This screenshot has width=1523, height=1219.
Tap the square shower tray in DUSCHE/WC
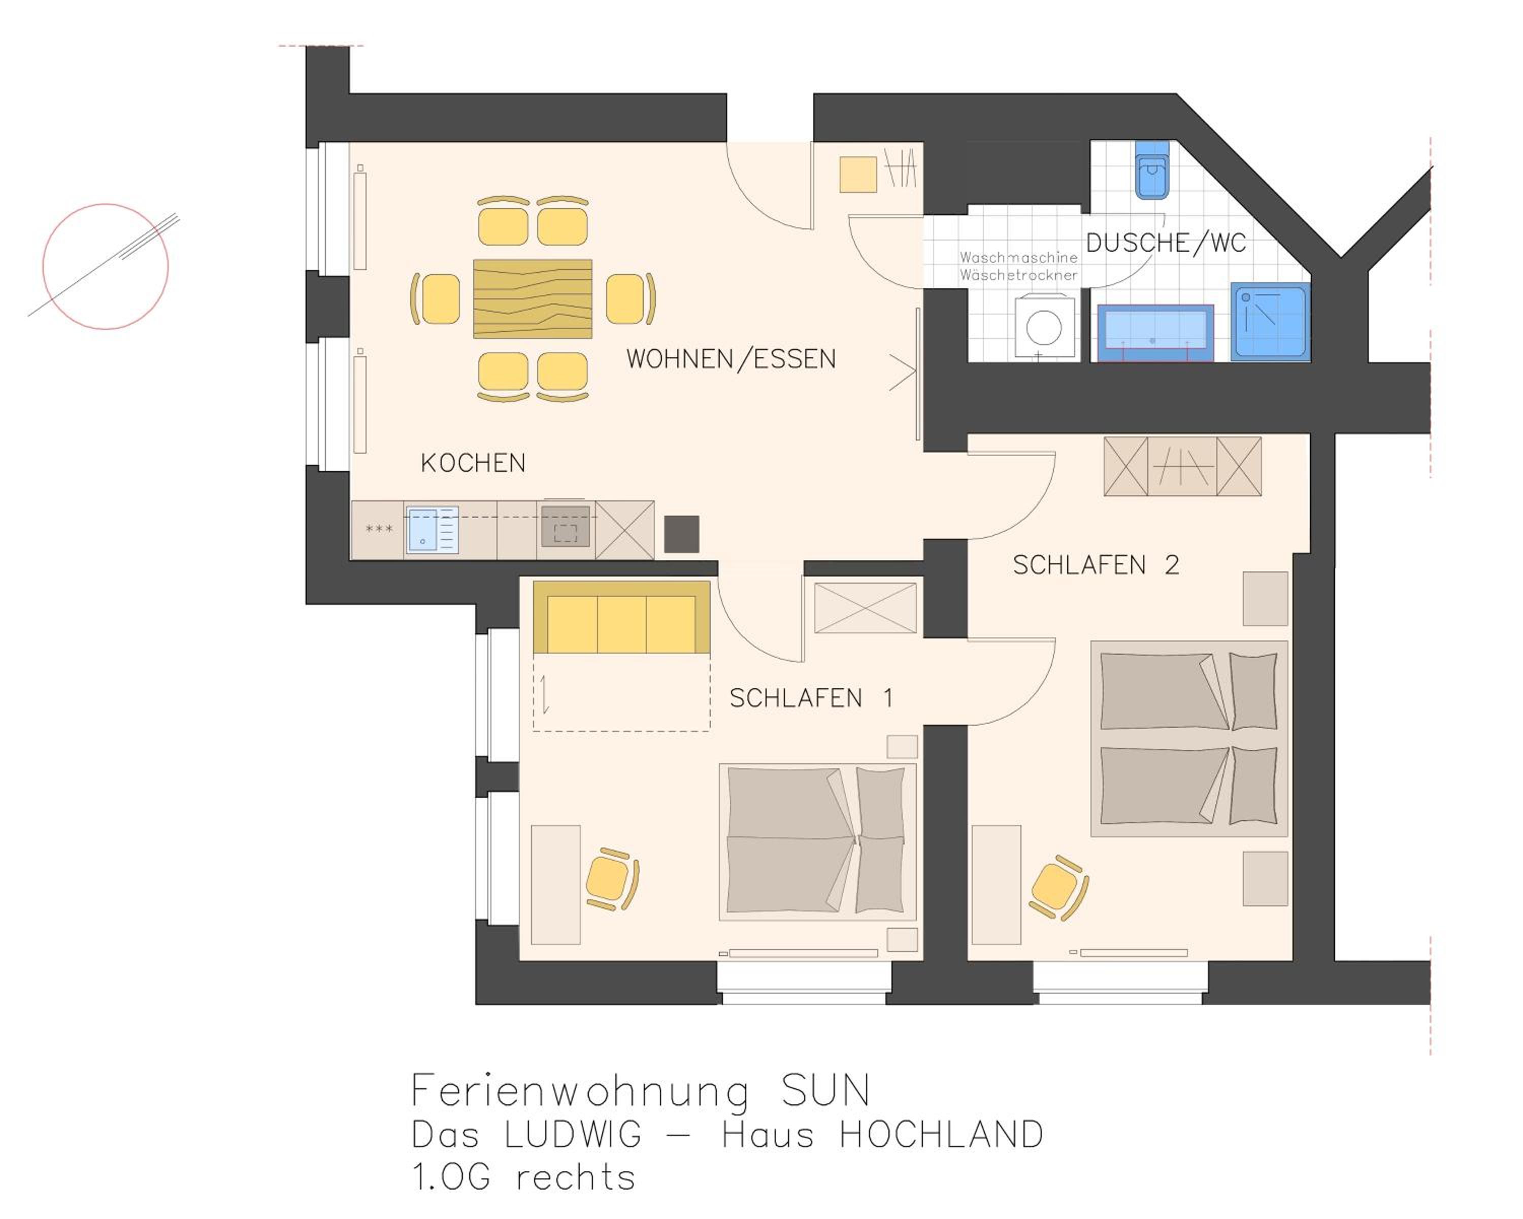pos(1271,322)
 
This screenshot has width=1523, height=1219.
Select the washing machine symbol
pos(1045,327)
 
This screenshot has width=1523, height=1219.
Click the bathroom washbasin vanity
pos(1155,332)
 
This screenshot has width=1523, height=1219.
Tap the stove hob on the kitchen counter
pos(565,527)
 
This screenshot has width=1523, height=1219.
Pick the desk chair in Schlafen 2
pos(1058,887)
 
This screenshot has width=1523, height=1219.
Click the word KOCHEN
pos(473,463)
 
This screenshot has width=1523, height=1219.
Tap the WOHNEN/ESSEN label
pos(731,359)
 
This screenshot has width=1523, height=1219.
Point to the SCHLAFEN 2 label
pos(1096,565)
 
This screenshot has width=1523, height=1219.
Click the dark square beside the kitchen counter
pos(682,534)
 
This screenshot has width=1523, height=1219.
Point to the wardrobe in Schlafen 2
pos(1182,466)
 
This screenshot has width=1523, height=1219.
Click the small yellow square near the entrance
pos(858,175)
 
